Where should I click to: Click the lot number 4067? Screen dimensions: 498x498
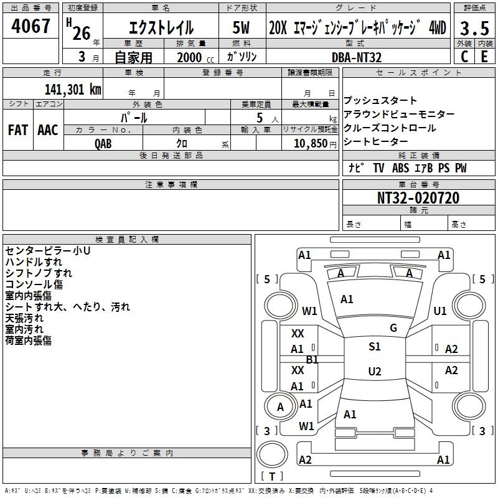click(x=31, y=26)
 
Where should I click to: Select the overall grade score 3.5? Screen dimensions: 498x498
click(x=474, y=28)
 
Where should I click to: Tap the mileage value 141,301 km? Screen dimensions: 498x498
click(x=73, y=89)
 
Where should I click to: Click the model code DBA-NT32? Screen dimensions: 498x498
click(x=356, y=57)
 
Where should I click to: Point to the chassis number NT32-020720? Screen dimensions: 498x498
click(x=418, y=198)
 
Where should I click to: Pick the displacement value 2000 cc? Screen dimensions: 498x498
click(x=195, y=57)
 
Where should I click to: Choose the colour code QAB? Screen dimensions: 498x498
click(x=103, y=144)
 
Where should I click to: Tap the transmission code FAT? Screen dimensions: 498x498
click(x=18, y=130)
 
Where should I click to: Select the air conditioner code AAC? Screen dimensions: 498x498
click(x=48, y=130)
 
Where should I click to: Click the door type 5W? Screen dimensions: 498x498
click(x=241, y=27)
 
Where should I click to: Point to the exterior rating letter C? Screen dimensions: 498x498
click(x=464, y=57)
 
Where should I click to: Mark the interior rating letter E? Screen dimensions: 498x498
click(x=484, y=57)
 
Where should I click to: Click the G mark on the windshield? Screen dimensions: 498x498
click(x=393, y=328)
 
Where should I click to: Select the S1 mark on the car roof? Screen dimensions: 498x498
click(x=375, y=347)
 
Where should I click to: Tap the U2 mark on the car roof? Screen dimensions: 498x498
click(x=375, y=371)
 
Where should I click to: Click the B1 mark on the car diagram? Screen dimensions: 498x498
click(x=312, y=360)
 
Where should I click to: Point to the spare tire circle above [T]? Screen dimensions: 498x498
click(x=272, y=454)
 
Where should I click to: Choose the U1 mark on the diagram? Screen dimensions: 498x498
click(x=440, y=311)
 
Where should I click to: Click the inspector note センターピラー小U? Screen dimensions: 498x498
click(x=48, y=251)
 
